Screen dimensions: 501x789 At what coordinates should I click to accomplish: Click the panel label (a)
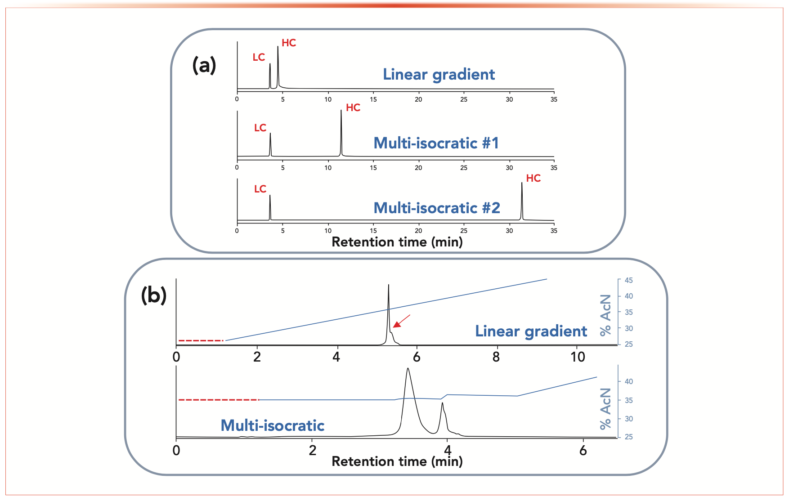[x=204, y=66]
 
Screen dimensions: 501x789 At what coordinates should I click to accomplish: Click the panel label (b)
[x=154, y=295]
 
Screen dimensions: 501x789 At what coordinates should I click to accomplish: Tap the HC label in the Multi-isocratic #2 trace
[x=533, y=179]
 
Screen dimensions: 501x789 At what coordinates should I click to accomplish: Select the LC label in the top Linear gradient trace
[x=259, y=58]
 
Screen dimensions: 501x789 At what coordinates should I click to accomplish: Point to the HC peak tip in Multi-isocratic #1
[x=341, y=111]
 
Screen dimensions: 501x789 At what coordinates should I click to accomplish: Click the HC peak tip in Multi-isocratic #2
[x=522, y=183]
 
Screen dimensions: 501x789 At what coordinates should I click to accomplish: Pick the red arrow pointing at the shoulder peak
[x=402, y=321]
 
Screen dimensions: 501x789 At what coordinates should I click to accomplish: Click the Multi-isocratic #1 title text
[x=436, y=143]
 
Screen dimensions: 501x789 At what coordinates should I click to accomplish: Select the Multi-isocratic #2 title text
[x=436, y=208]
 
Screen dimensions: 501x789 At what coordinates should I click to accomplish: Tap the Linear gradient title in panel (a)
[x=439, y=74]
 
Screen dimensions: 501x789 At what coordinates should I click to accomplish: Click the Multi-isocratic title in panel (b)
[x=272, y=425]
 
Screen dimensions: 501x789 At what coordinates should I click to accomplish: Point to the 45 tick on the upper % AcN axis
[x=628, y=280]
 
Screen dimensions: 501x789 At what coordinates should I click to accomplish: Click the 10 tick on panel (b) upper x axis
[x=578, y=357]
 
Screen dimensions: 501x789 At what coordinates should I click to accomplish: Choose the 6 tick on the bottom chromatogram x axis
[x=583, y=450]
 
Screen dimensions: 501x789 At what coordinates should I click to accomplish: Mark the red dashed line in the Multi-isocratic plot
[x=219, y=400]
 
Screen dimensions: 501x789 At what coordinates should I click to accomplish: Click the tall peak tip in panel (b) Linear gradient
[x=389, y=285]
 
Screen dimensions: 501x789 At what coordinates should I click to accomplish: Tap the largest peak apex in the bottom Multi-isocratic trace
[x=408, y=369]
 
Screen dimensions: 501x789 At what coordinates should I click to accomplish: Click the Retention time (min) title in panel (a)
[x=397, y=242]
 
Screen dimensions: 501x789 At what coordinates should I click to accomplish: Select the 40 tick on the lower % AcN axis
[x=628, y=381]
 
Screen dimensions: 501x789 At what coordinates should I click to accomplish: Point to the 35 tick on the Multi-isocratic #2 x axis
[x=554, y=231]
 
